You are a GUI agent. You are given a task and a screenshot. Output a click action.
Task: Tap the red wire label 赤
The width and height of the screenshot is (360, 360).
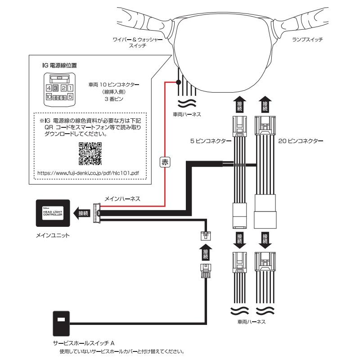(x=165, y=163)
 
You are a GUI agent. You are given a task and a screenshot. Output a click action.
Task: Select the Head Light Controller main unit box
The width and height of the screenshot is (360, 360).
(x=54, y=213)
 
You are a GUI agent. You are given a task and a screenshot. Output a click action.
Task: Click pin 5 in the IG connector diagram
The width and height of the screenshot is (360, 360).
(x=71, y=96)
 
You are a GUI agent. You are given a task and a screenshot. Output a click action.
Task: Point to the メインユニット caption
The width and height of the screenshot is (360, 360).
(x=54, y=236)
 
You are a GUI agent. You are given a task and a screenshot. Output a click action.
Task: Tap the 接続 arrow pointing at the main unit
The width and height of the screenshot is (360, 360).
(x=82, y=213)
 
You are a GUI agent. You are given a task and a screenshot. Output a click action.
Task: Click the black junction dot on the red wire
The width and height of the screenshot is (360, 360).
(x=179, y=82)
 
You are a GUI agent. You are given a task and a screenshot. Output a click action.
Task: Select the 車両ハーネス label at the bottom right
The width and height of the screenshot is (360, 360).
(x=251, y=322)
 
